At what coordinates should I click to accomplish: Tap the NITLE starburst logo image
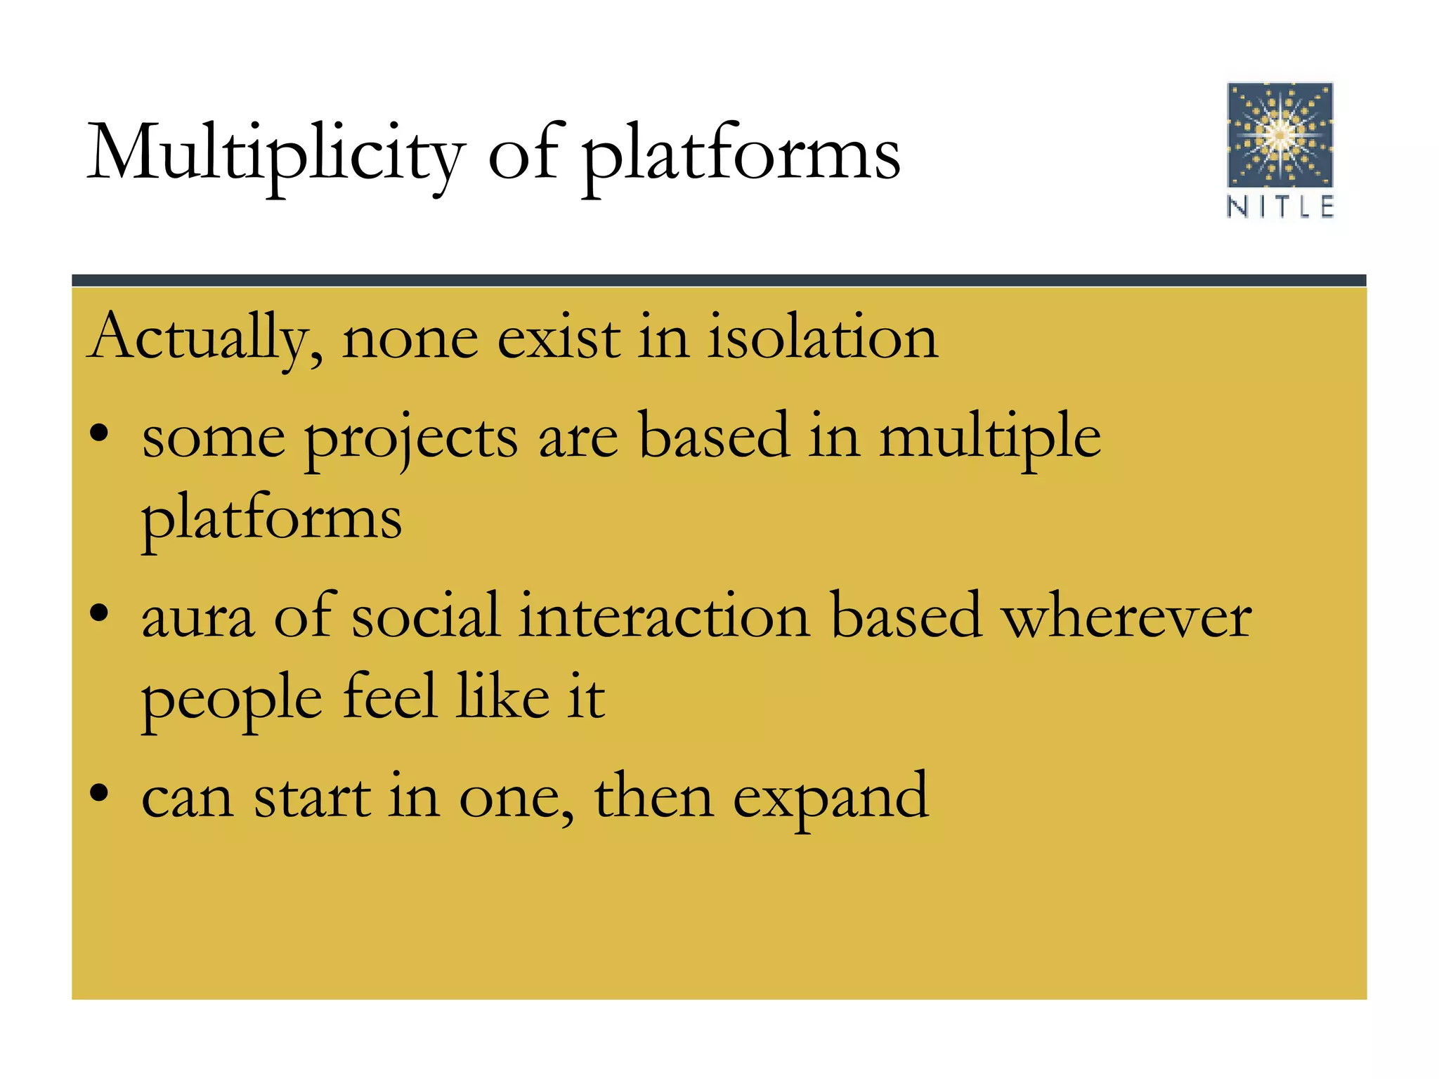pos(1280,135)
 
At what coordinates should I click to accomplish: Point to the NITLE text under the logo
pos(1280,207)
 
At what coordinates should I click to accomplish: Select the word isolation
pos(822,338)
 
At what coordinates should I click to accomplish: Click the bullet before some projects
pos(100,433)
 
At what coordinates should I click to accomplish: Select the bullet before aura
pos(100,613)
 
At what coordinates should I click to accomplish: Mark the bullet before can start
pos(100,792)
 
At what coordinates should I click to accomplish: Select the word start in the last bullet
pos(312,798)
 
